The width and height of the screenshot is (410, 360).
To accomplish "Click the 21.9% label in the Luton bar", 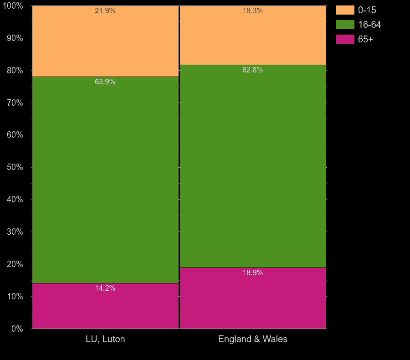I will tap(105, 11).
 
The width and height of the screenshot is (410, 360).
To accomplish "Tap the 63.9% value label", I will tap(105, 82).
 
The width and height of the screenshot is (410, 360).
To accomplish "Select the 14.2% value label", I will tap(105, 288).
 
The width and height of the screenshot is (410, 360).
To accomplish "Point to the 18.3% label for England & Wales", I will tap(253, 11).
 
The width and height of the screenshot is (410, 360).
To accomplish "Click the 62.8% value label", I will tap(253, 70).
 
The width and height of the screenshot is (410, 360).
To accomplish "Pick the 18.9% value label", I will tap(253, 273).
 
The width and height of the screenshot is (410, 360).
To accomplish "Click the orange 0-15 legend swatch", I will tap(345, 10).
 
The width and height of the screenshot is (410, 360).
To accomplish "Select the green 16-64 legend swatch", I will tap(345, 25).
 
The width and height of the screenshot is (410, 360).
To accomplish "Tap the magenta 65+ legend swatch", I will tap(345, 39).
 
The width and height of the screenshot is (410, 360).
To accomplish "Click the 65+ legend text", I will tap(365, 39).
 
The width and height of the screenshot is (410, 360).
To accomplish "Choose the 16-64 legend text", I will tap(369, 25).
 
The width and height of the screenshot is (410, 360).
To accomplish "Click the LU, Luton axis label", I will tap(105, 339).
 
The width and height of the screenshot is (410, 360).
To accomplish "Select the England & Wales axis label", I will tap(253, 339).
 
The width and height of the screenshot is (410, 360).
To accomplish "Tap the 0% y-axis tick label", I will tap(17, 329).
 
